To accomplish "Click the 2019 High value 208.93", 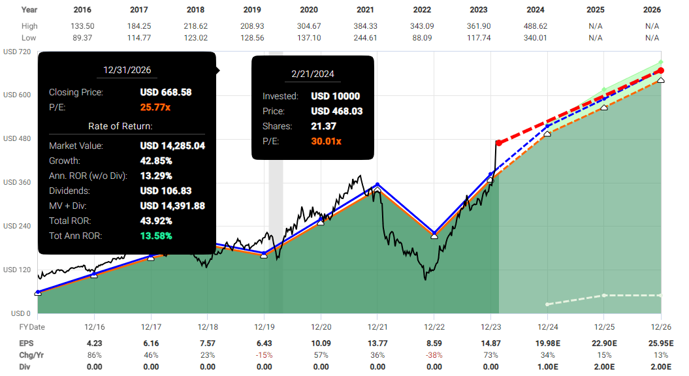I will click(251, 26).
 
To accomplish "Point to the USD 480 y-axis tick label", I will click(17, 138).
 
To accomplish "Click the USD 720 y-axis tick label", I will click(17, 52).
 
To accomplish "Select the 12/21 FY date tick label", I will click(377, 326).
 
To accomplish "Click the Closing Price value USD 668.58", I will click(166, 93).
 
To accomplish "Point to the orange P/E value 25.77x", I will click(157, 107).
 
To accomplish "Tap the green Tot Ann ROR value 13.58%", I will click(156, 236).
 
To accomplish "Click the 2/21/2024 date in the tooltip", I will click(313, 74).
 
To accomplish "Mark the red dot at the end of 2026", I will click(660, 70).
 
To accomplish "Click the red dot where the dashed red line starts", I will click(498, 143).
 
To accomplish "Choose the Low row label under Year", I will click(29, 38).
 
